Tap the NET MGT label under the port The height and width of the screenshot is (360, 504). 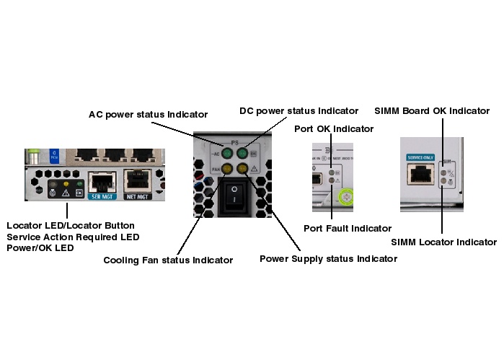pyautogui.click(x=136, y=195)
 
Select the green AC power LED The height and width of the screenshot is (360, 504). pyautogui.click(x=227, y=153)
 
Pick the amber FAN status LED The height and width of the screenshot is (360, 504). pyautogui.click(x=227, y=169)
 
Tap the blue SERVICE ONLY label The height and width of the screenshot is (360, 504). pyautogui.click(x=420, y=157)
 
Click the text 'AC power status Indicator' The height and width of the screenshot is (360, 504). pyautogui.click(x=148, y=114)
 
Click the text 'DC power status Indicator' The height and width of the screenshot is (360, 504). pyautogui.click(x=299, y=110)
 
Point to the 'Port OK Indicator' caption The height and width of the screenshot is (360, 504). pyautogui.click(x=334, y=128)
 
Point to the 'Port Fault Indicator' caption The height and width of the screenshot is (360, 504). pyautogui.click(x=348, y=228)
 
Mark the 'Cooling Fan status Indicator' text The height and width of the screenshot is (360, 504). pyautogui.click(x=168, y=260)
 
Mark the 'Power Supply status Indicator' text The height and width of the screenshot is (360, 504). pyautogui.click(x=328, y=258)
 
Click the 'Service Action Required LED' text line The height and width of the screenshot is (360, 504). pyautogui.click(x=73, y=237)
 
